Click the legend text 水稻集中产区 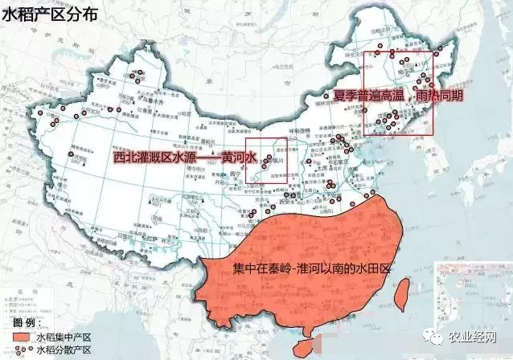pos(64,337)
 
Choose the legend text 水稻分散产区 pos(64,350)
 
